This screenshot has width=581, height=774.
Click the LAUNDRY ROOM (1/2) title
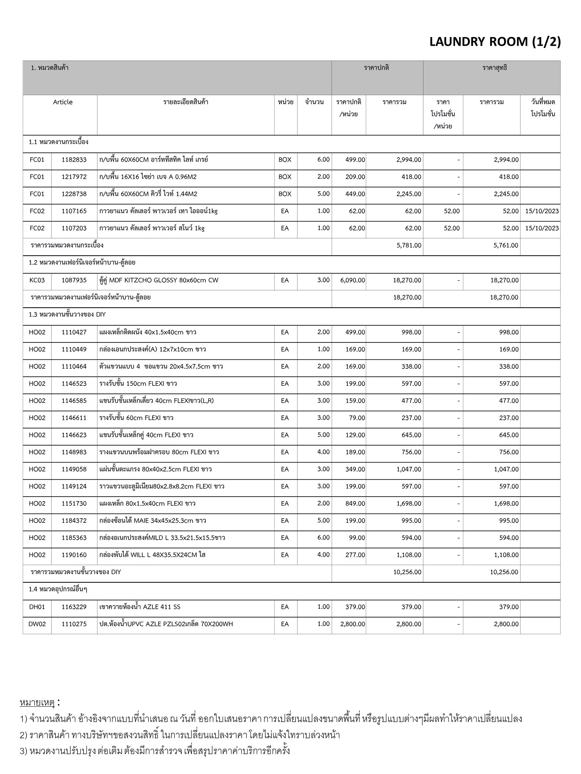[495, 42]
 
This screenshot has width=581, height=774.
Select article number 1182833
[74, 160]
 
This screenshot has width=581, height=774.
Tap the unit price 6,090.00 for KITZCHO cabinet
[352, 280]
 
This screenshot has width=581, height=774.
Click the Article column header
[63, 102]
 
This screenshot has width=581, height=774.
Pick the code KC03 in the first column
[37, 280]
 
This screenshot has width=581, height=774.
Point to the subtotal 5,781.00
[409, 246]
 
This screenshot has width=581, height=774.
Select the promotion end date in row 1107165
[542, 211]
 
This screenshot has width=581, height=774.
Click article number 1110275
[74, 624]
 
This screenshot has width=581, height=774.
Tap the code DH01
[37, 607]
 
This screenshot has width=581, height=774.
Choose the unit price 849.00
[355, 504]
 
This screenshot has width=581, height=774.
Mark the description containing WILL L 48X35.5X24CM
[152, 555]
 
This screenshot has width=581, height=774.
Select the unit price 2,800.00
[353, 624]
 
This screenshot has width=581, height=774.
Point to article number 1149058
[74, 469]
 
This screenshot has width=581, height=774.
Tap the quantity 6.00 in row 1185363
[323, 538]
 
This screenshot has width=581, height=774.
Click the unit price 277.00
[355, 555]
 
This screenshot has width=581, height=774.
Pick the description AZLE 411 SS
[140, 607]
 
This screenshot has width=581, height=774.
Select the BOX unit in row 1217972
[285, 177]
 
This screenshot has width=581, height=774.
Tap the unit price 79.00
[357, 418]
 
